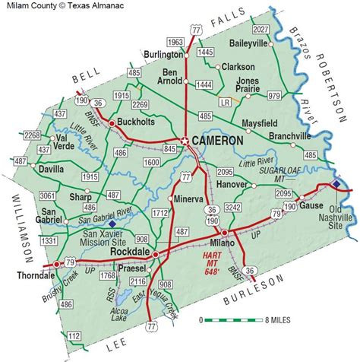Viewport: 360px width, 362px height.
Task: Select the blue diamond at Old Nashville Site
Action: (337, 183)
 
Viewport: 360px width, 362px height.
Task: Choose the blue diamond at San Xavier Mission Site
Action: (113, 224)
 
